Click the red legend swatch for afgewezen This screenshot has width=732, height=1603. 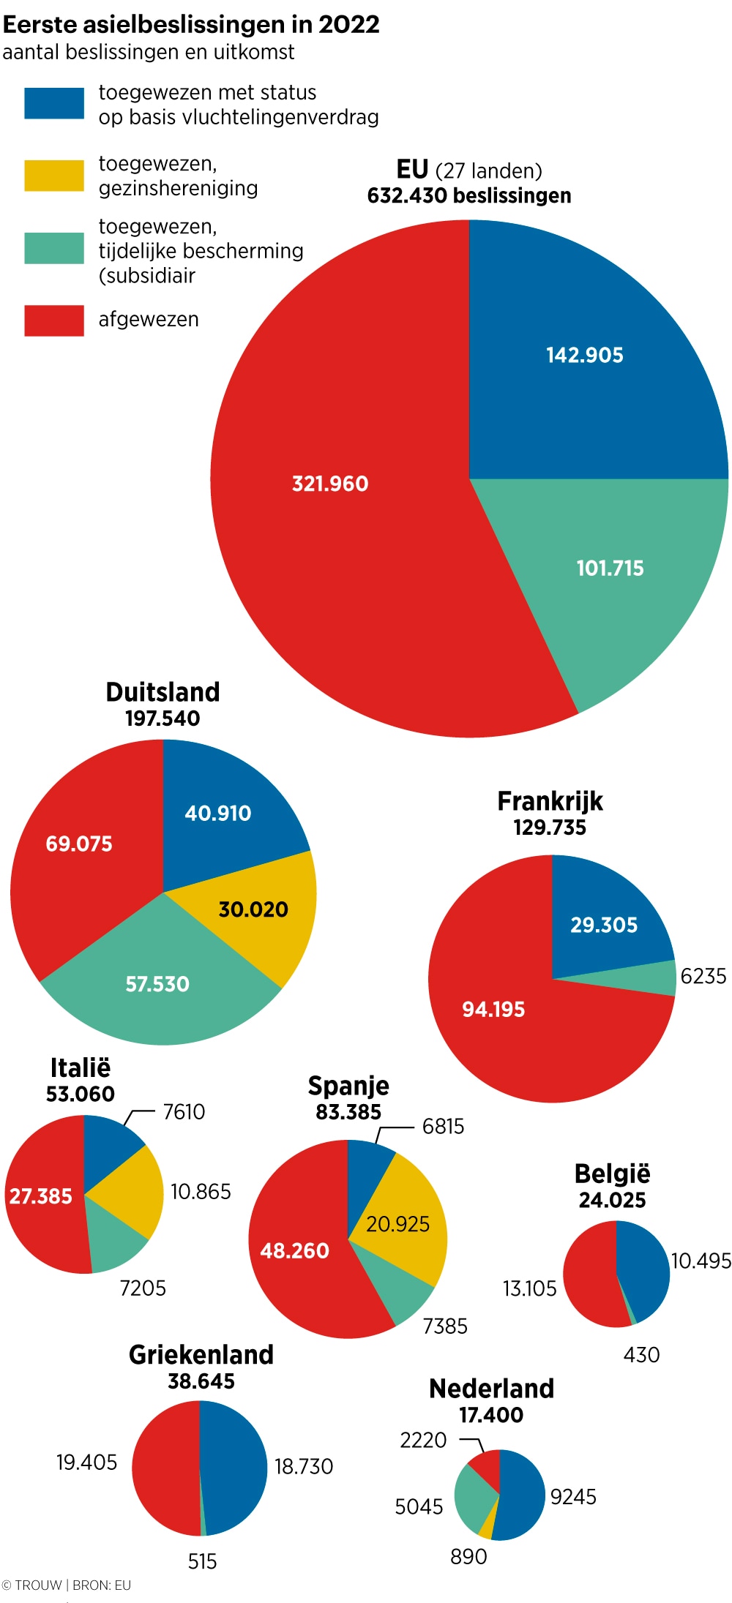tap(53, 320)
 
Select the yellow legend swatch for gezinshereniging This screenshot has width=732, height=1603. tap(53, 176)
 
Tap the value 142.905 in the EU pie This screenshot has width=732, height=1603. tap(584, 356)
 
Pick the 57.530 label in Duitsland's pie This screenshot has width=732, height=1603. tap(157, 984)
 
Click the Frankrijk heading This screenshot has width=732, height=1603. tap(550, 801)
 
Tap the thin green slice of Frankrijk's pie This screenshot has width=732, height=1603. tap(659, 977)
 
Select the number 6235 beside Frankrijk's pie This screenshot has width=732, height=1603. tap(703, 976)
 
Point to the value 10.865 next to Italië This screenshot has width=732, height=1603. tap(201, 1192)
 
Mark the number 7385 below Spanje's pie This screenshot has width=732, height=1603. tap(445, 1326)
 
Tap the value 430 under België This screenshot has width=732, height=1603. tap(641, 1355)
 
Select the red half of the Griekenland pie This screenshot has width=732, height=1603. tap(165, 1467)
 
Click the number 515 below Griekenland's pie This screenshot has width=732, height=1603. tap(202, 1562)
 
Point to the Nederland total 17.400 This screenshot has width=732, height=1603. tap(491, 1415)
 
